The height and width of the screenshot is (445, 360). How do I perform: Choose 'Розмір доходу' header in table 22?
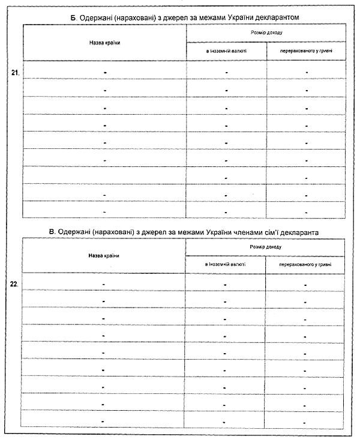coord(265,246)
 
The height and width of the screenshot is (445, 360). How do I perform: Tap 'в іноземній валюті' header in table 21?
coord(226,52)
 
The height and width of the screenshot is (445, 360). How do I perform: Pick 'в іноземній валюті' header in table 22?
coord(225,264)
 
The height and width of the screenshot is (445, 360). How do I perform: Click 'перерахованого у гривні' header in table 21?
coord(306,52)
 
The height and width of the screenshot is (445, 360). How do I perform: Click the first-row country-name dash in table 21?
coord(104,72)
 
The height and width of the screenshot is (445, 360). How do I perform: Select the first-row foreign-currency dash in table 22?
coord(225,284)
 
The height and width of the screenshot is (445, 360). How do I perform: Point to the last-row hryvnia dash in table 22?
coord(305,422)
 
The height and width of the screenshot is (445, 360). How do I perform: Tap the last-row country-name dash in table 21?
coord(104,212)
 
